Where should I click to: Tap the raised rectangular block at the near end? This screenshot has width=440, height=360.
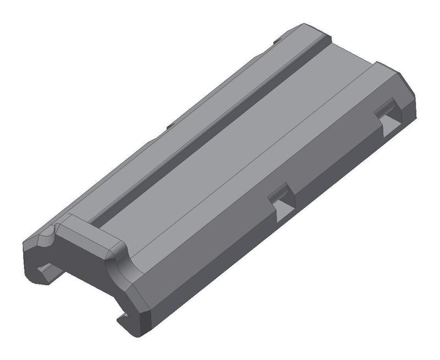coord(88,234)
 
